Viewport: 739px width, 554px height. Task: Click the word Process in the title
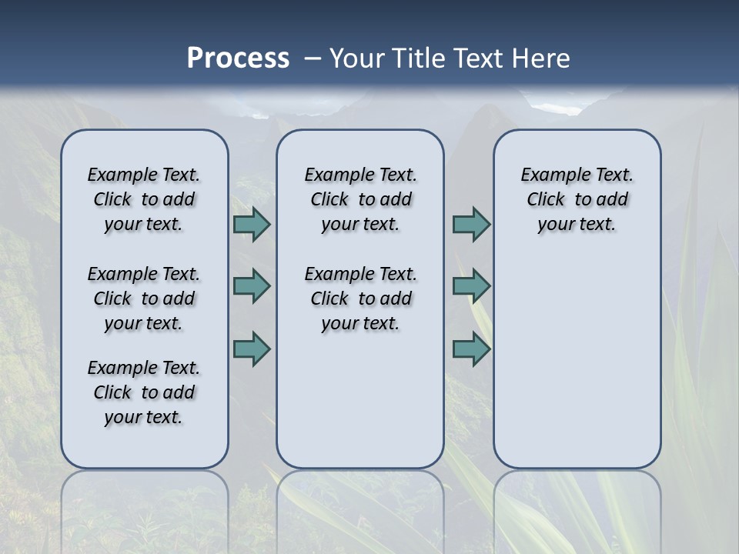(238, 58)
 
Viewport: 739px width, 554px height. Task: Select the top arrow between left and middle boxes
(252, 225)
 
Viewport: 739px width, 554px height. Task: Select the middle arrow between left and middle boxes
(252, 287)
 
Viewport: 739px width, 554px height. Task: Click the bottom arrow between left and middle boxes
(252, 349)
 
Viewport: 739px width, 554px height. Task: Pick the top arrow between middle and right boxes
(471, 225)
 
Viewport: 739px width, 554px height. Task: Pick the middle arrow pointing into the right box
(471, 287)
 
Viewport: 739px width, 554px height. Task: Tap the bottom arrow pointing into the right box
(471, 349)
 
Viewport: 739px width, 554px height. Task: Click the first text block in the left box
(144, 199)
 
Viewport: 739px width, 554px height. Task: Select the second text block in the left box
(144, 299)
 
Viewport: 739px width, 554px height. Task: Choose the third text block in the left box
(144, 392)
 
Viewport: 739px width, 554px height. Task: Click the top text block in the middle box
(360, 199)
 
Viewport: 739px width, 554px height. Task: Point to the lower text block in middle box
(360, 299)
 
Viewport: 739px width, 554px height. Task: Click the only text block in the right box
(577, 199)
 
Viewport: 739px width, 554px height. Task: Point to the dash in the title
(313, 58)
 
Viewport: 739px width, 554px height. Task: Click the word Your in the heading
(356, 58)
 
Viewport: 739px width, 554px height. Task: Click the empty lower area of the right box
(577, 362)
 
